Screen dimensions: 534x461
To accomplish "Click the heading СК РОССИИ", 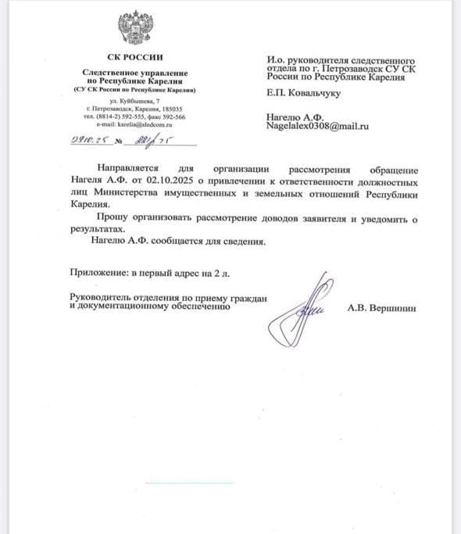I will click(135, 58).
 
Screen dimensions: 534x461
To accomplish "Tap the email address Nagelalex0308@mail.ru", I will click(317, 125).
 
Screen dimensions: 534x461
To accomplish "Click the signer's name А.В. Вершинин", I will click(382, 309).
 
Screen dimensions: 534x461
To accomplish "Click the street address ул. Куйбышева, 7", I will click(134, 102).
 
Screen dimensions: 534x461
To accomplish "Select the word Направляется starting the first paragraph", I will click(126, 169).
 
